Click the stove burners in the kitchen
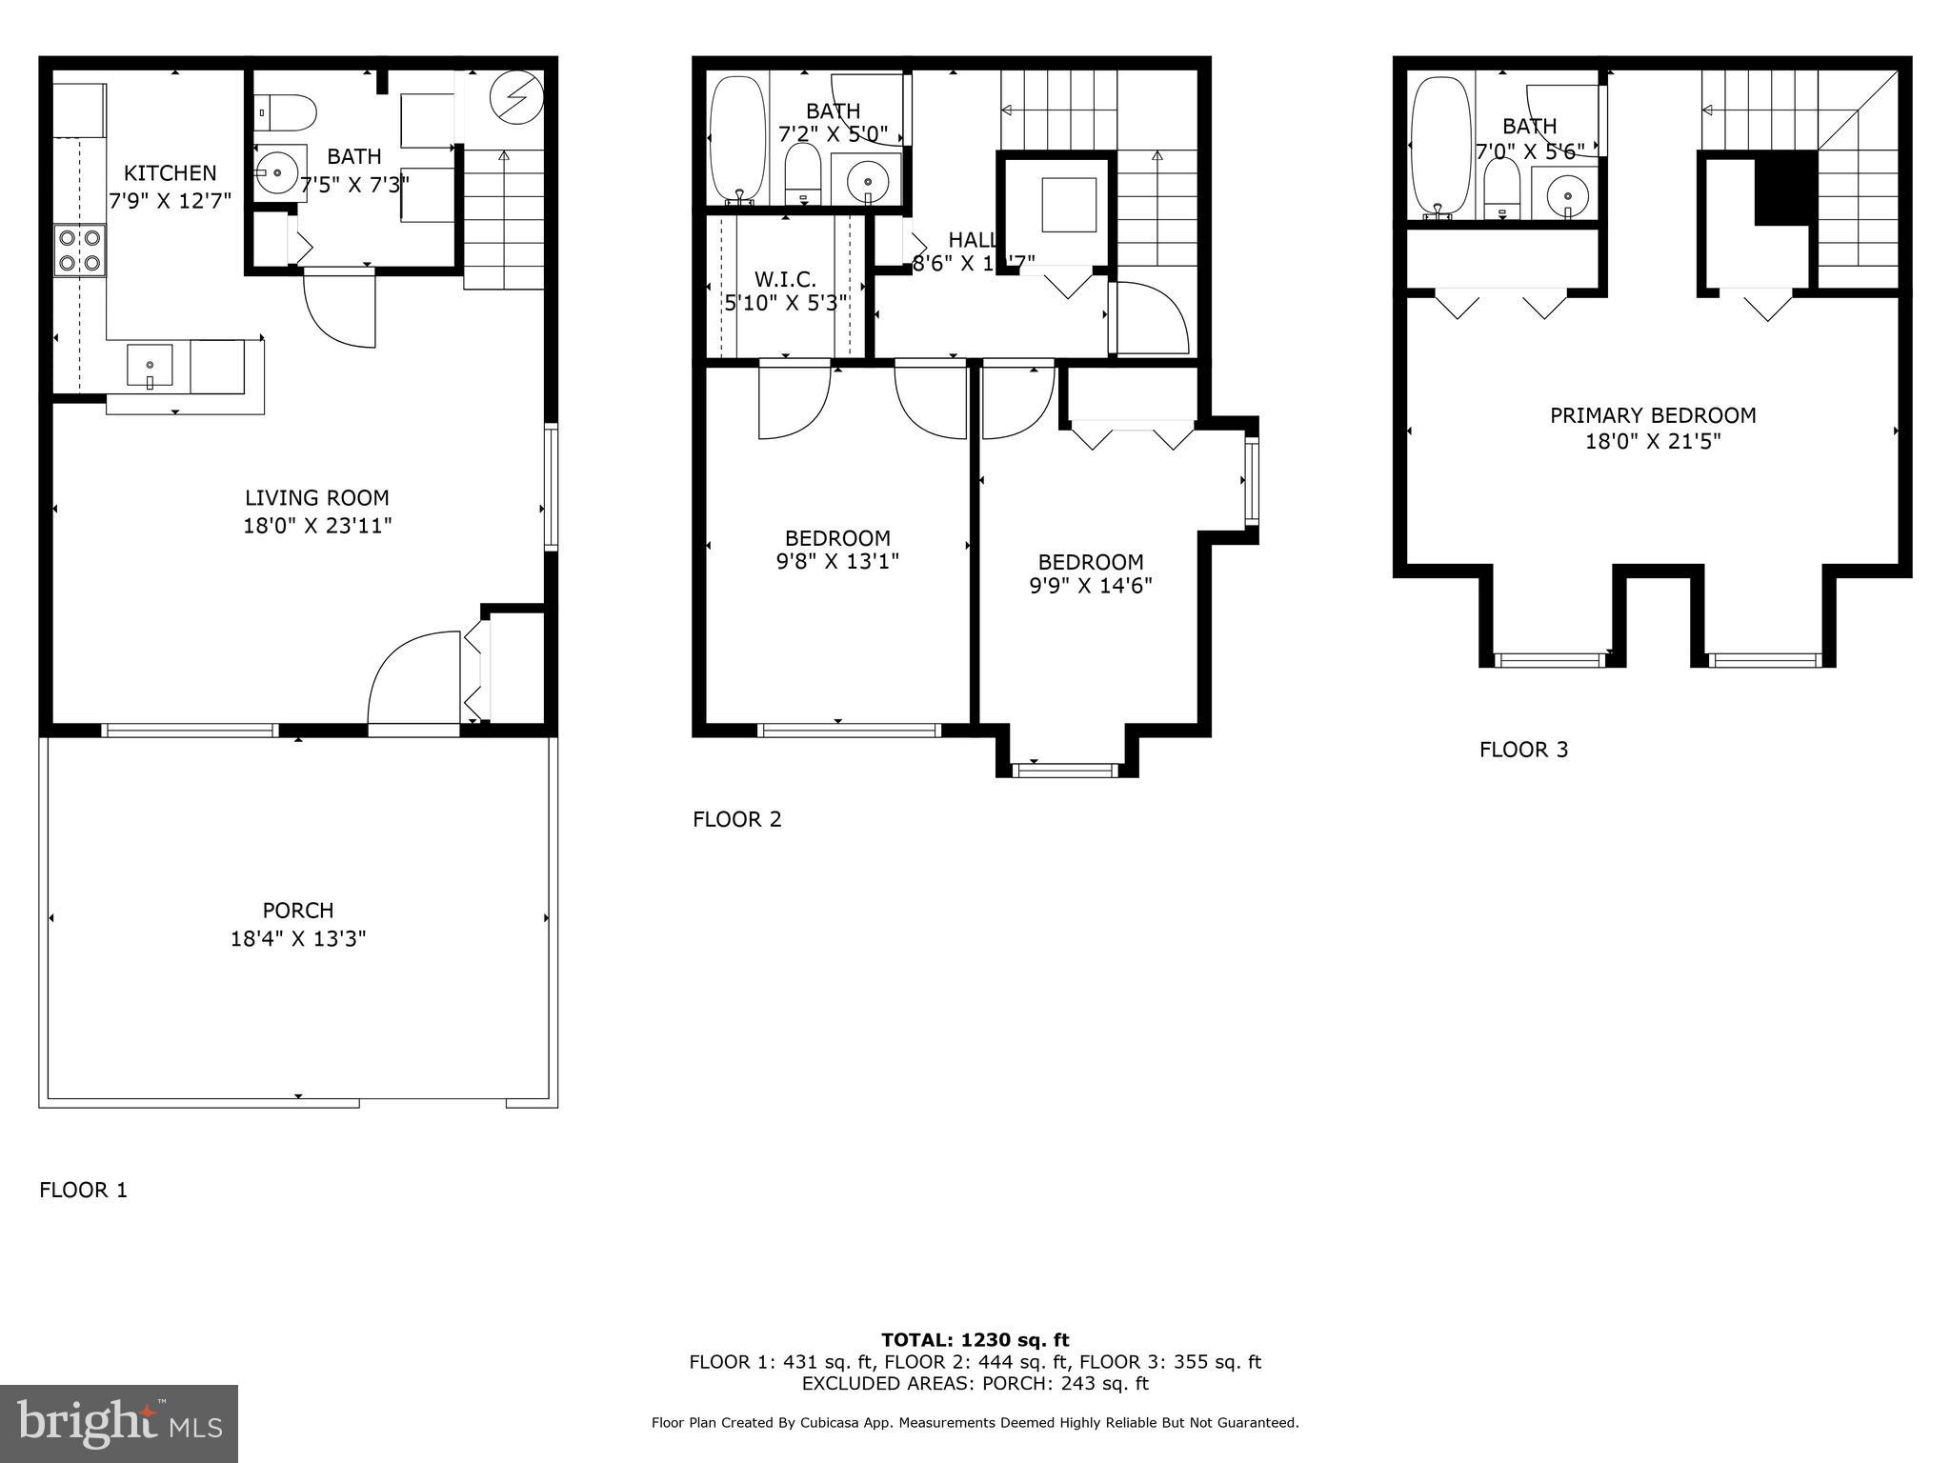pyautogui.click(x=79, y=250)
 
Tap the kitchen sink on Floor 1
pyautogui.click(x=150, y=367)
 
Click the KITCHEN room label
pyautogui.click(x=170, y=173)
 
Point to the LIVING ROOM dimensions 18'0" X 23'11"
pyautogui.click(x=317, y=526)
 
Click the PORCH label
pyautogui.click(x=298, y=911)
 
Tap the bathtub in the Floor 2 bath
pyautogui.click(x=737, y=139)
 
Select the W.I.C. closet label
pyautogui.click(x=785, y=280)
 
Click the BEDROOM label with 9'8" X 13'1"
pyautogui.click(x=837, y=538)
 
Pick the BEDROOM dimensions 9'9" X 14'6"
pyautogui.click(x=1091, y=586)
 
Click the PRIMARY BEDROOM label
pyautogui.click(x=1653, y=416)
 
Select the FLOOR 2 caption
pyautogui.click(x=736, y=820)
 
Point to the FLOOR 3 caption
pyautogui.click(x=1523, y=751)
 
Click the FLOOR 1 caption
pyautogui.click(x=83, y=1191)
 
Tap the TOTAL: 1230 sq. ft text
pyautogui.click(x=975, y=1341)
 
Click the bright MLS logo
pyautogui.click(x=119, y=1425)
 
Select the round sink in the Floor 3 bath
pyautogui.click(x=1566, y=197)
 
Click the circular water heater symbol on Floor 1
pyautogui.click(x=516, y=96)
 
